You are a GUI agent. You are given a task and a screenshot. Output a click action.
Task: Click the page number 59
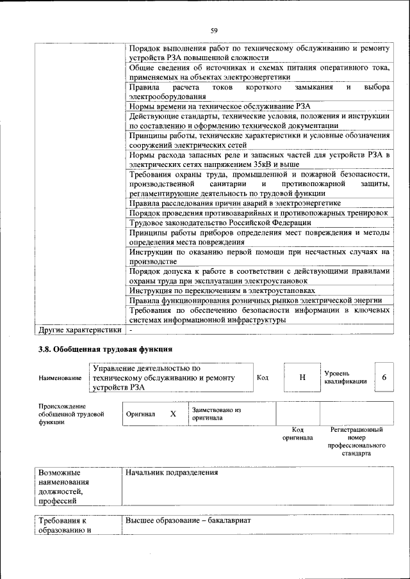coord(214,30)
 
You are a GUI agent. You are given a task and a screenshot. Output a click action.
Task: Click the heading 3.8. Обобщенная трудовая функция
coord(105,349)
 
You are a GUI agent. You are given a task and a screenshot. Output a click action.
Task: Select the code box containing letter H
coord(302,377)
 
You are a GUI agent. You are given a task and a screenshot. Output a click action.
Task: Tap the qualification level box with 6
coord(384,377)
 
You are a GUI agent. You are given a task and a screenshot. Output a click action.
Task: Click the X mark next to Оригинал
coord(172,413)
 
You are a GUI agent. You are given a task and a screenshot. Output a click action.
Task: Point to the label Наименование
coord(60,378)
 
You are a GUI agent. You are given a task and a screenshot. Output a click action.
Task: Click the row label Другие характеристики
coord(79,330)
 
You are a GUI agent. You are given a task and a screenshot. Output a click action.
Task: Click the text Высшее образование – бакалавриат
coord(188,521)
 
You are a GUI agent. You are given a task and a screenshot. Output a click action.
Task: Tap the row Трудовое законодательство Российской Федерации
coord(220,222)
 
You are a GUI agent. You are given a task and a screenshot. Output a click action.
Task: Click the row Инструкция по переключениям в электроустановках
coord(222,290)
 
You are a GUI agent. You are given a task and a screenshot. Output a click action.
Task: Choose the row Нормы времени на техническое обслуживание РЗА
coord(220,106)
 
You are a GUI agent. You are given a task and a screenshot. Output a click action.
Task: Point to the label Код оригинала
coord(297,434)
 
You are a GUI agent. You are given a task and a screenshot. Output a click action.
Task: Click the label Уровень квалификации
coord(345,377)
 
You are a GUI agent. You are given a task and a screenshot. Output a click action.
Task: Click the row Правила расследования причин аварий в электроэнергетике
coord(234,203)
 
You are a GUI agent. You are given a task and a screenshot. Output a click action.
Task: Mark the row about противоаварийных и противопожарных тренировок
coord(259,212)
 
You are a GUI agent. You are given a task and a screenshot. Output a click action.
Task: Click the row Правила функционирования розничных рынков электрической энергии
coord(256,299)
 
